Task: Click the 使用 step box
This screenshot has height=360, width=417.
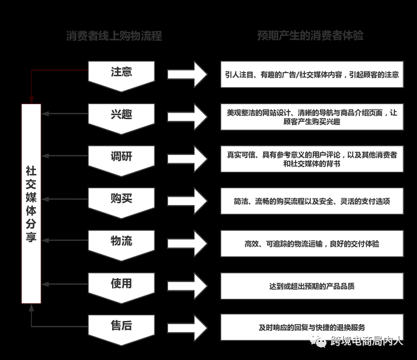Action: [x=121, y=284]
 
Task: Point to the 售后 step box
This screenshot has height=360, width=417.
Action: [x=121, y=325]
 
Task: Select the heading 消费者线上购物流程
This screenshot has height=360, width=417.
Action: [x=114, y=36]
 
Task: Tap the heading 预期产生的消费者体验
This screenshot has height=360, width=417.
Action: [x=310, y=36]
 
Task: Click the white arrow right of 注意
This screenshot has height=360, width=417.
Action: [x=187, y=75]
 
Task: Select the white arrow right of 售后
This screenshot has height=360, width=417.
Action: [x=187, y=327]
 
